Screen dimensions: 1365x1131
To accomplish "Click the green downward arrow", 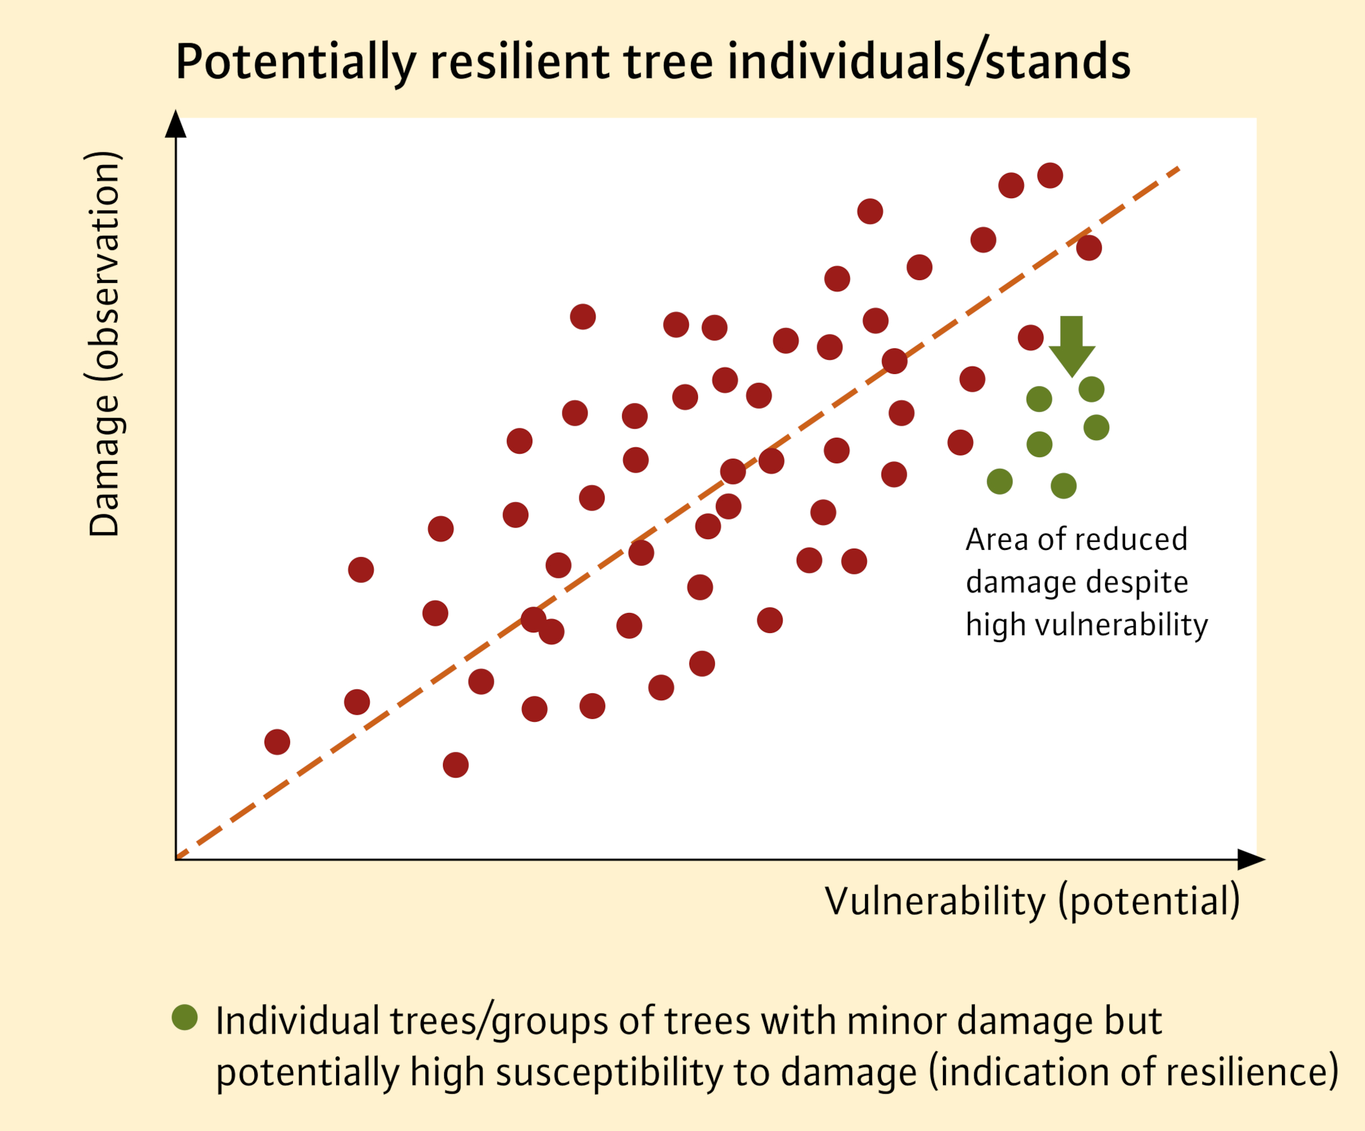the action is [1072, 346].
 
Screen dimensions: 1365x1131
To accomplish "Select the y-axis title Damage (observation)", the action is [105, 343].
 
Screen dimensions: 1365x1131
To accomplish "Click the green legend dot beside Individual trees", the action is [185, 1017].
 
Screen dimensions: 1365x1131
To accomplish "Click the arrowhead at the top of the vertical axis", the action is [176, 124].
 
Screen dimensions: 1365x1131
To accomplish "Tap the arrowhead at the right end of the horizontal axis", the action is [1251, 859].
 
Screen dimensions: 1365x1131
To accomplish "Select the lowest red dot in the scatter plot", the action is [456, 765].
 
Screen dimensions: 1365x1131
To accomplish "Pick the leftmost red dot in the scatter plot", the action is [278, 742].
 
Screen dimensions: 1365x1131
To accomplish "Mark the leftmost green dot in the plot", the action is [1000, 482].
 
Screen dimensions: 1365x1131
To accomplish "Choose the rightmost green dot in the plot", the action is [1097, 427].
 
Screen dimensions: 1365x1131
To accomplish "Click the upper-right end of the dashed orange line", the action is [1179, 168].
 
